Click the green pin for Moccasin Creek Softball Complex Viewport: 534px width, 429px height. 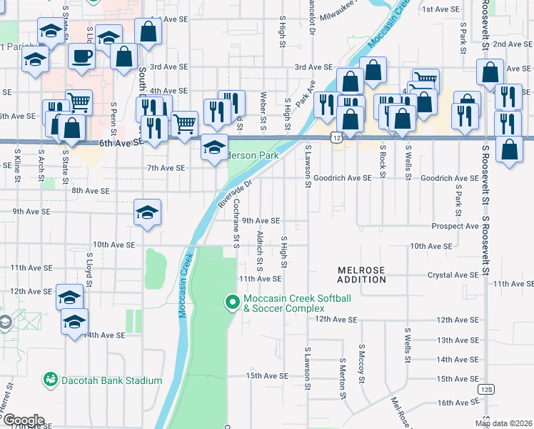231,303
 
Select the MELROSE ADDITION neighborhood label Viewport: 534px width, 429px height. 361,275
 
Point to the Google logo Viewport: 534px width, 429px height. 23,420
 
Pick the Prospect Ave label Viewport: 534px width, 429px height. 455,226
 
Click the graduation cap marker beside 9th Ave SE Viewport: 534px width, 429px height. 148,212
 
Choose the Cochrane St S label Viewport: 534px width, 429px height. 236,222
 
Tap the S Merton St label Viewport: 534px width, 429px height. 343,379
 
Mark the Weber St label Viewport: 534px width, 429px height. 264,107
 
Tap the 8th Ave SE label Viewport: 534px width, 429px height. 90,191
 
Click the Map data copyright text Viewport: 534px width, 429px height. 503,423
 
